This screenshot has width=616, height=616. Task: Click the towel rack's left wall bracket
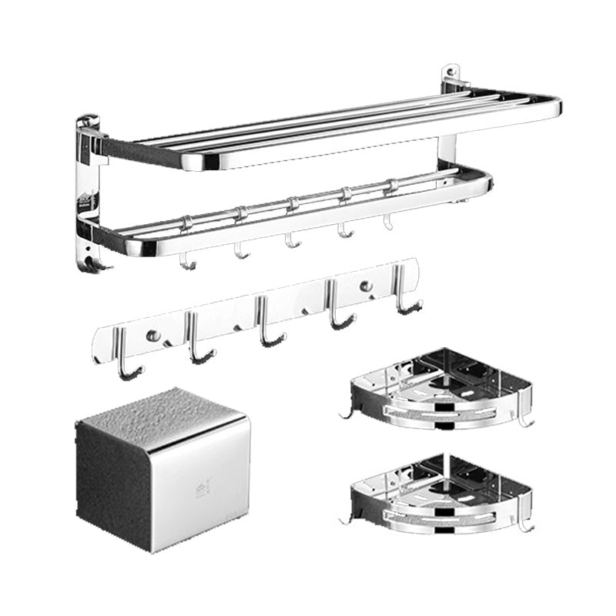[89, 185]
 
